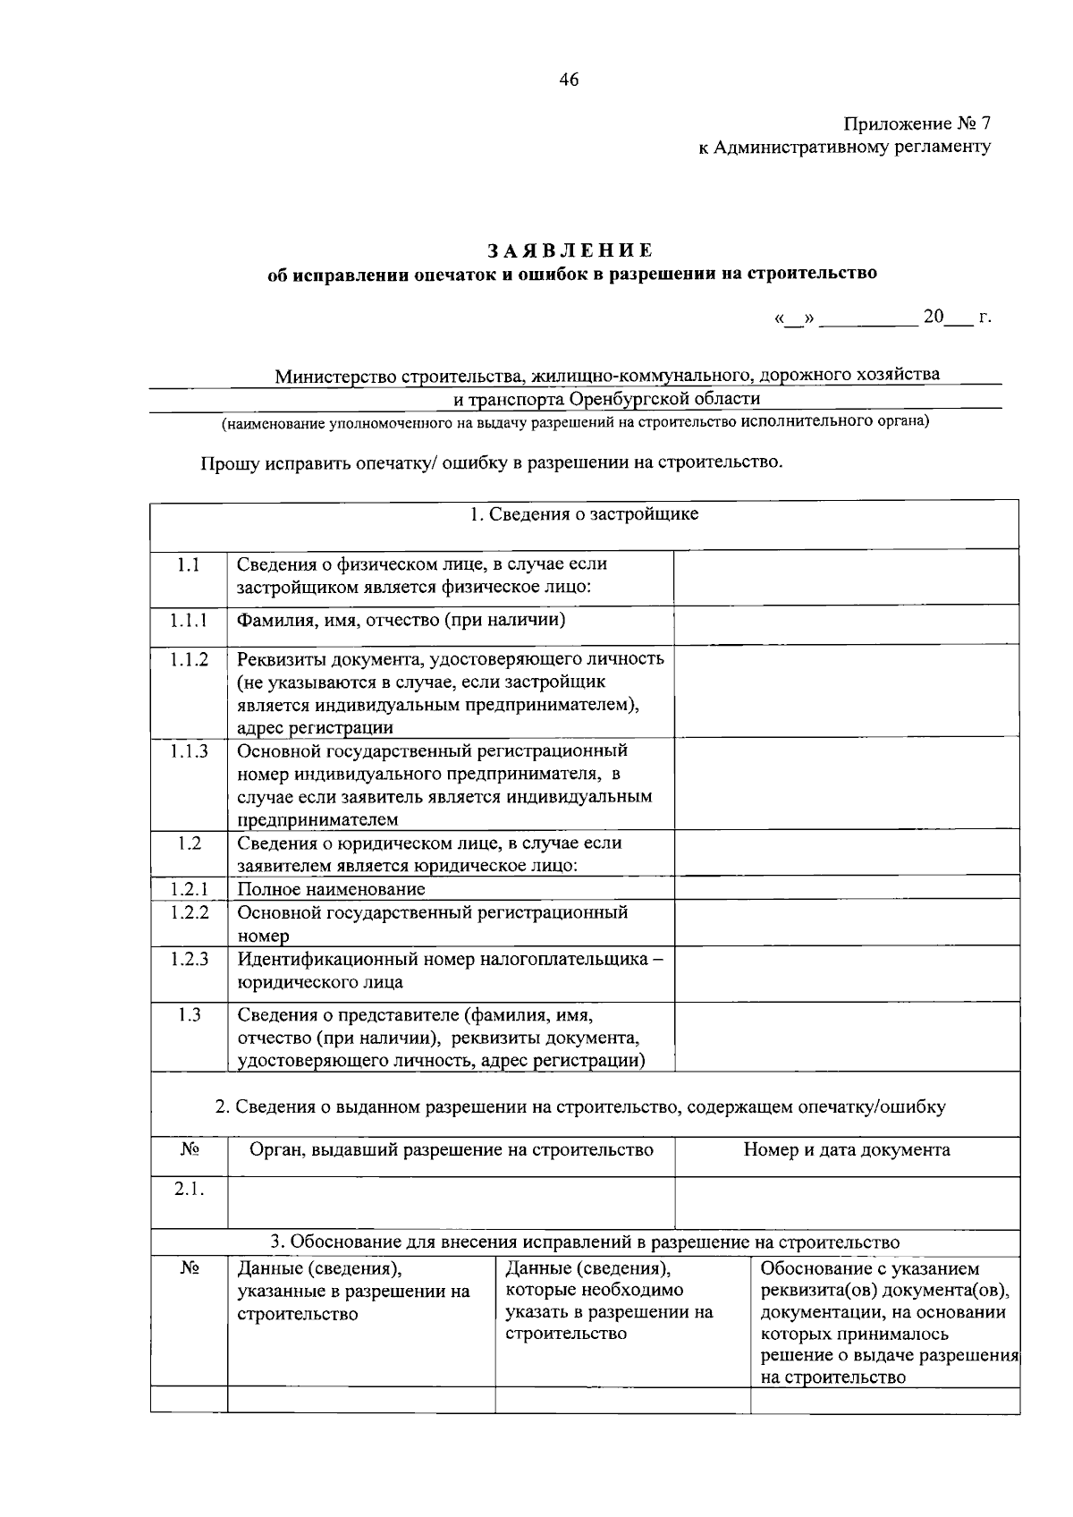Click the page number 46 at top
pos(569,80)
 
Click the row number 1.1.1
pos(189,620)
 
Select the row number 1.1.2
pos(189,659)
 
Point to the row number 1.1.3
pos(189,751)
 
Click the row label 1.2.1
pos(189,889)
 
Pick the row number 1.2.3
pos(189,959)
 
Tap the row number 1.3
pos(189,1014)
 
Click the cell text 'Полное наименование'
pos(331,889)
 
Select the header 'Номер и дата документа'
pos(846,1149)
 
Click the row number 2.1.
pos(189,1189)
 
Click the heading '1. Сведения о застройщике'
pos(584,514)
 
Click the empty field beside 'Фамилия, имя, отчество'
pos(846,623)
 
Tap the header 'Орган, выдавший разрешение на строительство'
pos(451,1149)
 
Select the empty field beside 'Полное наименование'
pos(846,887)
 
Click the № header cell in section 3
pos(189,1268)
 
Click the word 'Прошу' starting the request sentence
pos(230,463)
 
